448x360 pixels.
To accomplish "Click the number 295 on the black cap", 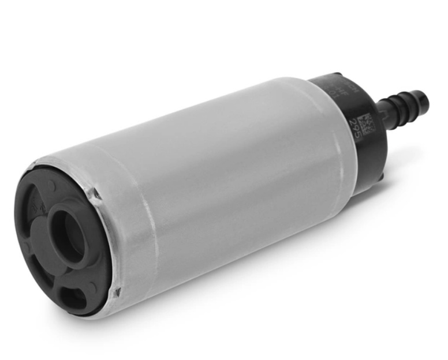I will (356, 129).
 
